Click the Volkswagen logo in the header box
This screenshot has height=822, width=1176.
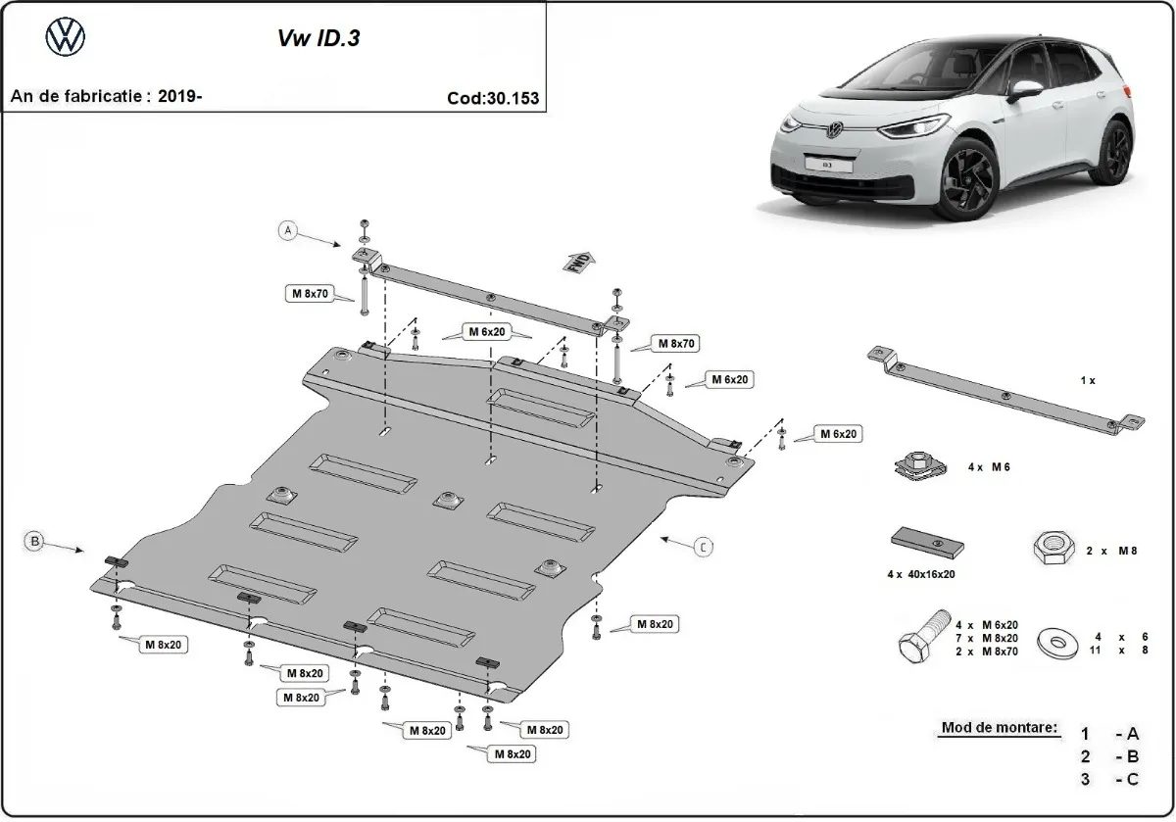click(66, 38)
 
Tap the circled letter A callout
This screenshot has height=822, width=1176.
click(288, 231)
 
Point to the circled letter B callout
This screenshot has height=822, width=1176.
click(34, 540)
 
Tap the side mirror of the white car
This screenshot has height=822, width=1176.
click(1026, 89)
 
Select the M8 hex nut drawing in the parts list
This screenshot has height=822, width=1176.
click(1051, 549)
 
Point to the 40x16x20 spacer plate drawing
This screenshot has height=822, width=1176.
click(925, 543)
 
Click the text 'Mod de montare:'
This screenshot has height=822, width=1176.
click(1000, 728)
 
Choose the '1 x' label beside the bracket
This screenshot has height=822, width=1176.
click(1088, 380)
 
